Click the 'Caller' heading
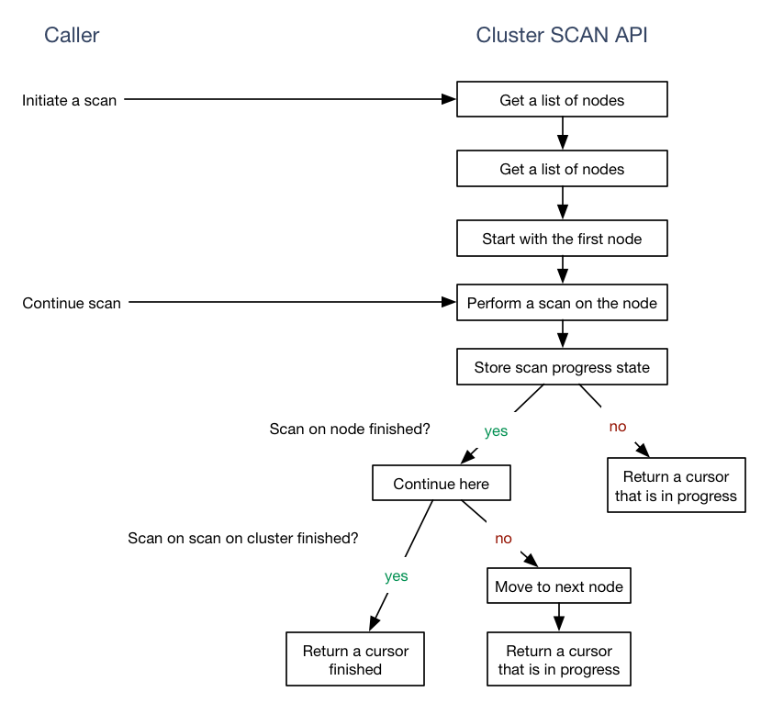[72, 36]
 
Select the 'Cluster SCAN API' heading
[562, 36]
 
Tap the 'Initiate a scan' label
[70, 100]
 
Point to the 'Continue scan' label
[72, 303]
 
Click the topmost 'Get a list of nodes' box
[562, 100]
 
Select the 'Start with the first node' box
[562, 239]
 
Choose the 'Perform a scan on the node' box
[562, 303]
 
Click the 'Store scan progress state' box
[562, 367]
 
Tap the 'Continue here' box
[441, 484]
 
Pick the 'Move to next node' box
[559, 586]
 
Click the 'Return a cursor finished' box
[355, 660]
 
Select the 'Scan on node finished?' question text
[350, 429]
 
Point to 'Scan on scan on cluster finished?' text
[243, 538]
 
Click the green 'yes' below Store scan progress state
[496, 430]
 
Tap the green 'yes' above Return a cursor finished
[396, 576]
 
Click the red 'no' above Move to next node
[503, 539]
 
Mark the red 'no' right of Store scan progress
[618, 427]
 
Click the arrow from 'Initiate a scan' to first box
[289, 99]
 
